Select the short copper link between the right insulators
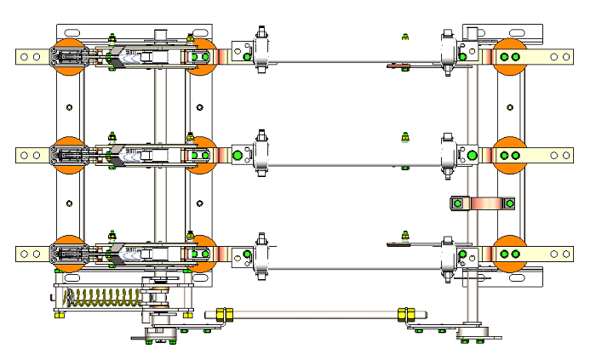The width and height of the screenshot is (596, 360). (x=484, y=203)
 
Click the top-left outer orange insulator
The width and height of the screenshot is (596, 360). (x=69, y=56)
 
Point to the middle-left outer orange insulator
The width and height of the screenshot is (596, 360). (x=69, y=155)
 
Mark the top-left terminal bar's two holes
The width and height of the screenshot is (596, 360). (x=31, y=57)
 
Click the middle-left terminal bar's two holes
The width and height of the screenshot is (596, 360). (x=31, y=155)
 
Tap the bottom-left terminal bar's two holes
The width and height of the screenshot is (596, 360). (x=31, y=254)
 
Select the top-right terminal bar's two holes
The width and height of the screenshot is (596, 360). (x=560, y=57)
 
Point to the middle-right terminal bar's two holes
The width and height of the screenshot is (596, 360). (x=560, y=155)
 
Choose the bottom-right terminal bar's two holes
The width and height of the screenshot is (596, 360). (x=560, y=254)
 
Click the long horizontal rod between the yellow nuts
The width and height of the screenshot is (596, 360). (x=315, y=314)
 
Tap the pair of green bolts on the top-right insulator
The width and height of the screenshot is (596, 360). (x=509, y=57)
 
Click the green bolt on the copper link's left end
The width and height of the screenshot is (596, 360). (x=457, y=203)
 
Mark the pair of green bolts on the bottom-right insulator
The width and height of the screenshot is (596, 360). (x=509, y=254)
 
